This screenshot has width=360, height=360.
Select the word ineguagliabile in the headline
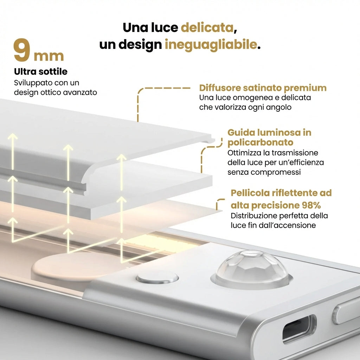coord(211,45)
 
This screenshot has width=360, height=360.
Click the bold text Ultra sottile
coord(40,72)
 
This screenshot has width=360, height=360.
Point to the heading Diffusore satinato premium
coord(263,88)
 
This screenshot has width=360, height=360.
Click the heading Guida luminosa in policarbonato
coord(269,137)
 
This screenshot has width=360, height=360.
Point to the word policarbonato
coord(260,143)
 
